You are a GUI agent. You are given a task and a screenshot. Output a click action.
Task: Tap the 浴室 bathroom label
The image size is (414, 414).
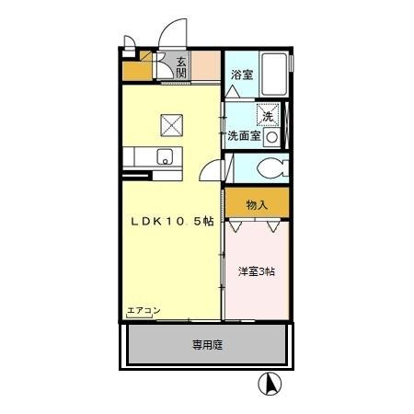pyautogui.click(x=241, y=74)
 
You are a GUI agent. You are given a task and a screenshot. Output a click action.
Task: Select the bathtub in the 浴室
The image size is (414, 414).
pyautogui.click(x=271, y=75)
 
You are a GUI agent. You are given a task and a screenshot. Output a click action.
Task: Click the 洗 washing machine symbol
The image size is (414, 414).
pyautogui.click(x=268, y=116)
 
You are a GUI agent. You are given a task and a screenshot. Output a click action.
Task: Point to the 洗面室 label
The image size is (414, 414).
pyautogui.click(x=244, y=135)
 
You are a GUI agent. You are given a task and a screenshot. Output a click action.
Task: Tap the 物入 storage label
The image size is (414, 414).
pyautogui.click(x=257, y=204)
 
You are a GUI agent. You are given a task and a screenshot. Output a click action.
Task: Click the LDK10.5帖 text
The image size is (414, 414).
pyautogui.click(x=172, y=222)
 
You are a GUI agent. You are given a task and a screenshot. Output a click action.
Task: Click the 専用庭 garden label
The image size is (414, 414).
pyautogui.click(x=207, y=346)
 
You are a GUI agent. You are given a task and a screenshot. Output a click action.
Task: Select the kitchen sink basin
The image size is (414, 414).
pyautogui.click(x=166, y=155)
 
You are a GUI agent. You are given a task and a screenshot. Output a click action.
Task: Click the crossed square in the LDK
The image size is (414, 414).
pyautogui.click(x=171, y=121)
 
